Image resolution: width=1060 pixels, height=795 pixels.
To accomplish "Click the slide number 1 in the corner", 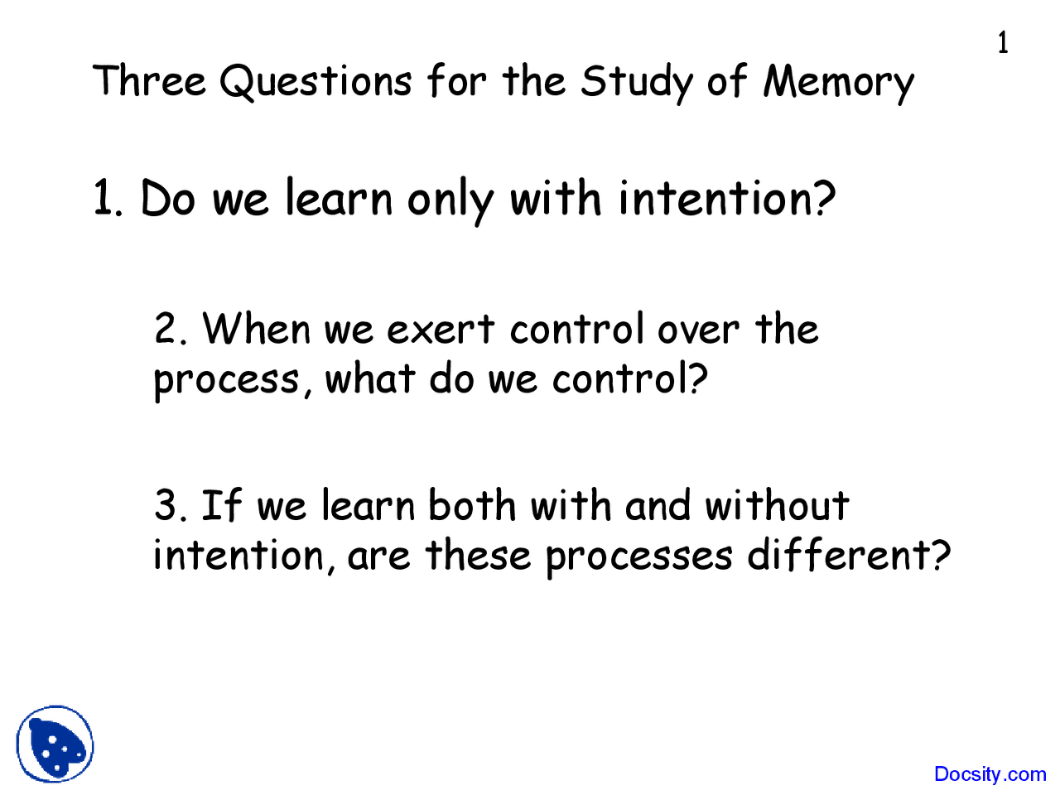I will tap(1003, 42).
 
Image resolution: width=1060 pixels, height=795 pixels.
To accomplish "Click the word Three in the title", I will tap(149, 81).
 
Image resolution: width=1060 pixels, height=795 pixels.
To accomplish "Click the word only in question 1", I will tap(450, 201).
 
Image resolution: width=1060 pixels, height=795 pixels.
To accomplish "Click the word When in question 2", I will tap(257, 329).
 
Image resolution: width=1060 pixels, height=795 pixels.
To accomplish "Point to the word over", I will tap(697, 330).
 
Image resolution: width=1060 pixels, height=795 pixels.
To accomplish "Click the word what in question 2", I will tap(369, 379).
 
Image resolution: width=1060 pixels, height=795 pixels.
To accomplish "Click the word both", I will tap(472, 505).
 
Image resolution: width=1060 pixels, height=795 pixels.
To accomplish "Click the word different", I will tap(849, 555).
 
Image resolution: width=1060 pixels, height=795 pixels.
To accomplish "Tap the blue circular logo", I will tap(55, 744).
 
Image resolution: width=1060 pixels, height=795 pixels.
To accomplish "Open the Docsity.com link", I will tap(990, 774).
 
